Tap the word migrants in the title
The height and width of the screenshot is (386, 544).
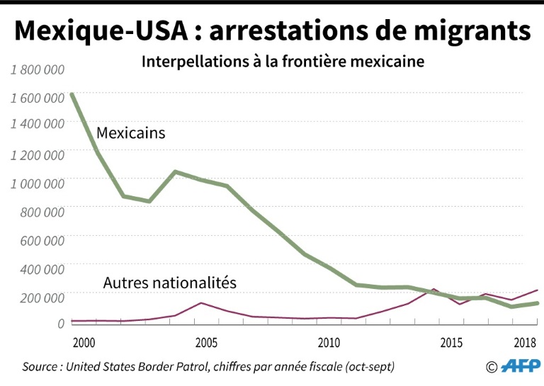tap(464, 31)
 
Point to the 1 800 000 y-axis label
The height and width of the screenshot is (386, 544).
tap(38, 69)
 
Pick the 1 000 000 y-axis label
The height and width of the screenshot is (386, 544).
tap(38, 182)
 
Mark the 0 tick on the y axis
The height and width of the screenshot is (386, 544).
tap(61, 323)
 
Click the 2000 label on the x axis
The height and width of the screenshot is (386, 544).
tap(84, 343)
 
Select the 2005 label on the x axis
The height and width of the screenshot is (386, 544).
tap(206, 343)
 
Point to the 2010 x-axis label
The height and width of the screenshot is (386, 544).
tap(329, 343)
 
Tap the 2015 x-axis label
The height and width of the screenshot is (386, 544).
tap(451, 343)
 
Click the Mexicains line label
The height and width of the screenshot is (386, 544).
tap(130, 132)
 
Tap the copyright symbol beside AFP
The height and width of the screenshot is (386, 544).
tap(492, 367)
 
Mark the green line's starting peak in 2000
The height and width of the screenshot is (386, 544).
tap(72, 94)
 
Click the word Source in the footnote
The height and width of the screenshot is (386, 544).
tap(40, 367)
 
